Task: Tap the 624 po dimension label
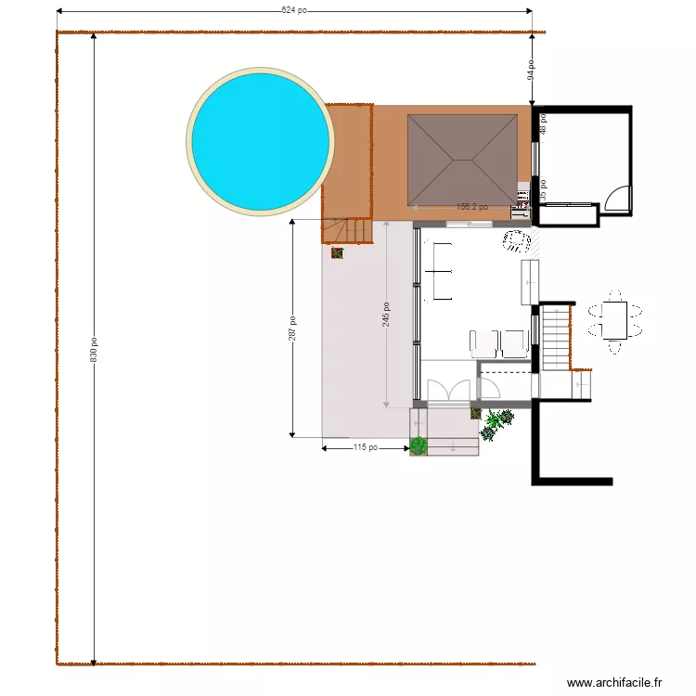point(295,11)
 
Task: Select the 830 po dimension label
point(94,348)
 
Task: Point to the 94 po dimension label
point(532,70)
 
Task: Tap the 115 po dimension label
point(365,448)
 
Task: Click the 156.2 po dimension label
point(471,207)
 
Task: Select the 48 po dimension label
point(543,123)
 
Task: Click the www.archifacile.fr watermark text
point(615,683)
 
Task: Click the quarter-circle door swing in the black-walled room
point(617,199)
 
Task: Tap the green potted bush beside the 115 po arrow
point(419,446)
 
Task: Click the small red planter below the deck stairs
point(337,251)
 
